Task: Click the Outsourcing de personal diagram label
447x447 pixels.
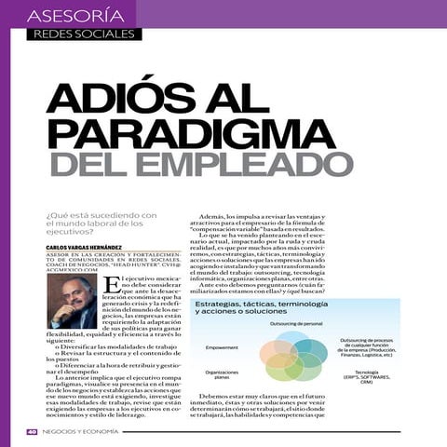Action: point(296,323)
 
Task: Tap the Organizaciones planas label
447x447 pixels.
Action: point(222,374)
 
